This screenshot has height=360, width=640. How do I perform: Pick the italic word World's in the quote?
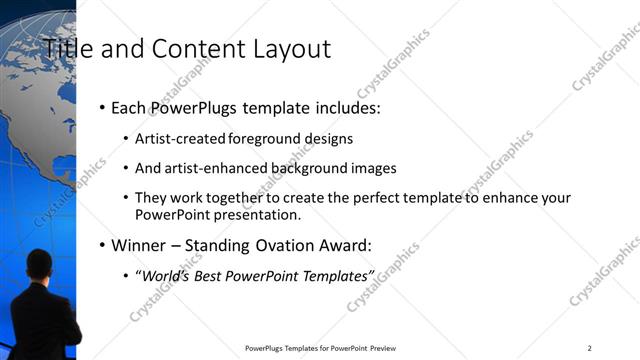(167, 276)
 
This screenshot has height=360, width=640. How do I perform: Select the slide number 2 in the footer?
(590, 348)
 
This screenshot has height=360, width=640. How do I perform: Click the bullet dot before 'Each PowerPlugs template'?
(103, 107)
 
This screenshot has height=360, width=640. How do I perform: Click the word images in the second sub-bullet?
(375, 168)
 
